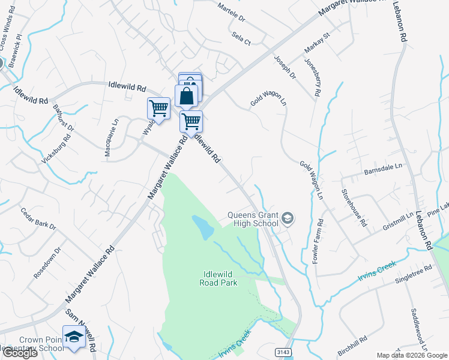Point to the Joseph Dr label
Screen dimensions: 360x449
tap(285, 67)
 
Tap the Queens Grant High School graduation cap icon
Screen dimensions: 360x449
tap(288, 218)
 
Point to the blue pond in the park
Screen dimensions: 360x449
tap(203, 227)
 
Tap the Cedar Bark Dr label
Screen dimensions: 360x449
tap(38, 219)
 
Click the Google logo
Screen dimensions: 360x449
tap(19, 353)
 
